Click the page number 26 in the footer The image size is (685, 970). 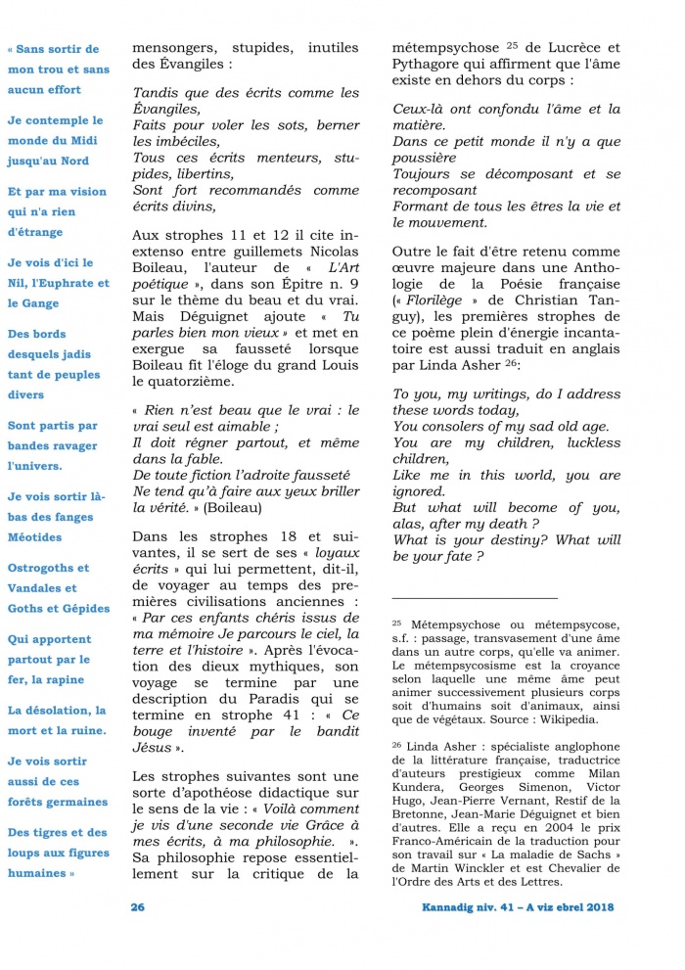pyautogui.click(x=138, y=906)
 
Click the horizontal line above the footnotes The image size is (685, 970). pyautogui.click(x=474, y=597)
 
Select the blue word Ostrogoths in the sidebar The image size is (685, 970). pyautogui.click(x=47, y=568)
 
